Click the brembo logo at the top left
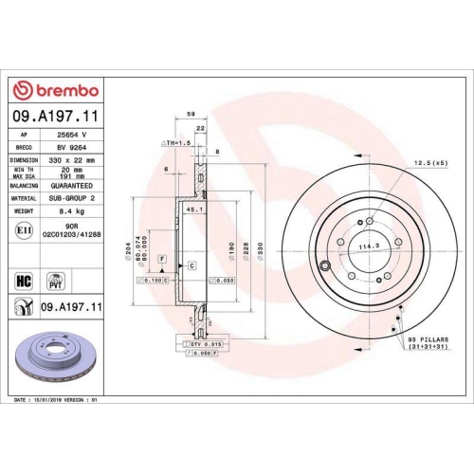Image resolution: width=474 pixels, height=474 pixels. [54, 90]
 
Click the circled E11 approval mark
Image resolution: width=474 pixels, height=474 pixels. [27, 230]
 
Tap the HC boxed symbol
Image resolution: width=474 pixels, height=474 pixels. [27, 281]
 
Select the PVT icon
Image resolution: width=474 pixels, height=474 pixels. [55, 281]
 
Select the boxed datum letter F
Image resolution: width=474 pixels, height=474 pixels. [163, 258]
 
